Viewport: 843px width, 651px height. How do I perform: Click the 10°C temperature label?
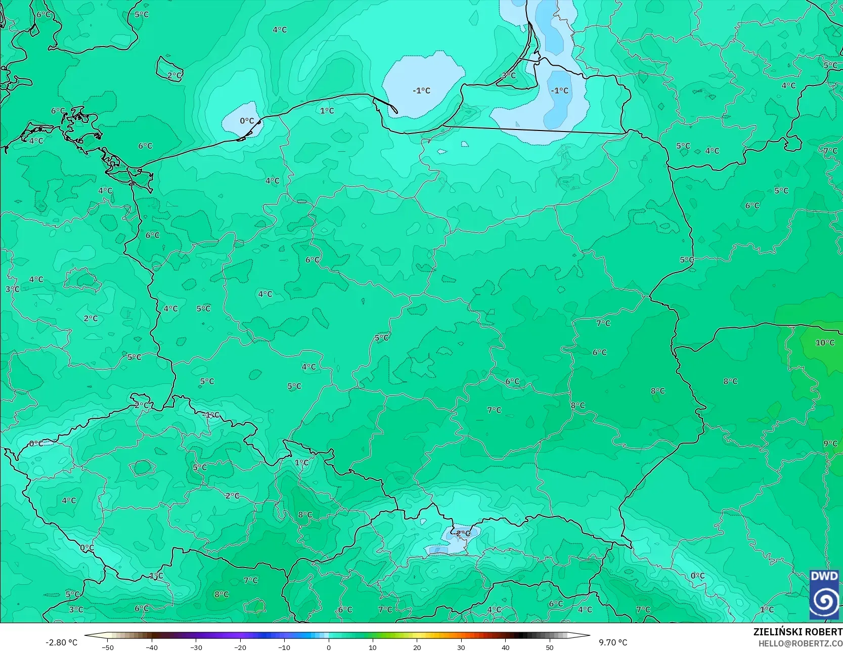pos(825,342)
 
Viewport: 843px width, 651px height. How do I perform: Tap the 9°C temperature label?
pos(830,444)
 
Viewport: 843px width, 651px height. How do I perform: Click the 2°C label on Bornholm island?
pos(174,75)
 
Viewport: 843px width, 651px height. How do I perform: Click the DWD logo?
pos(824,595)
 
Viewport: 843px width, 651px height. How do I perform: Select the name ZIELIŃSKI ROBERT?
pos(797,632)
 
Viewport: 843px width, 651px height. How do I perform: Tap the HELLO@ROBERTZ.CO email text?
pos(800,643)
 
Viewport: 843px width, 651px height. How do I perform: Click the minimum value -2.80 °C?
pos(62,642)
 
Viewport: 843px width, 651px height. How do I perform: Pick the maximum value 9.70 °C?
pos(613,642)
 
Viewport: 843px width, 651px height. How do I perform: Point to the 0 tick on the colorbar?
pos(329,647)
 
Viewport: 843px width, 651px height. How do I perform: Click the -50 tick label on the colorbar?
pos(107,647)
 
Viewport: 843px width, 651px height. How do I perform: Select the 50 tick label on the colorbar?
pos(550,647)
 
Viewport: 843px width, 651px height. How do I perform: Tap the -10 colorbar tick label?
pos(284,647)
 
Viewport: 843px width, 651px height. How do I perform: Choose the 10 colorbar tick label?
pos(373,647)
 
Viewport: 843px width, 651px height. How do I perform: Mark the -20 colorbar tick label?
pos(240,647)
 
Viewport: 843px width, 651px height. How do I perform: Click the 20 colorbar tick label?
pos(417,647)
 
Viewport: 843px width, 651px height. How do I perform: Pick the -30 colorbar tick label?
pos(196,647)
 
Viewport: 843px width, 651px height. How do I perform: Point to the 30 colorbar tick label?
pos(461,647)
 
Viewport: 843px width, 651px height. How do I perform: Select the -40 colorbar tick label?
pos(152,647)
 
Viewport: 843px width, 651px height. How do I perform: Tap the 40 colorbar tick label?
pos(505,647)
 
